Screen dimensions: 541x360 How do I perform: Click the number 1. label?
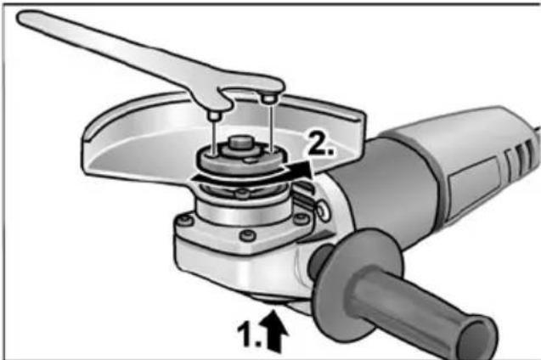tap(250, 334)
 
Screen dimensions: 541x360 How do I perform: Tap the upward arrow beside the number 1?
tap(275, 331)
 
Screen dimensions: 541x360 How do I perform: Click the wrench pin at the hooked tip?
tap(268, 99)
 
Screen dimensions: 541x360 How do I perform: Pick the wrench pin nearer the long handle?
tap(214, 115)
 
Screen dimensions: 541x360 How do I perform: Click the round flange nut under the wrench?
tap(241, 160)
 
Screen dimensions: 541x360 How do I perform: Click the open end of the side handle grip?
tap(477, 335)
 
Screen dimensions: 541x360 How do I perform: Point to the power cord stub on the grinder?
tap(538, 132)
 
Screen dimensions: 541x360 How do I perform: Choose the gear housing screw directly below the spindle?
tap(248, 236)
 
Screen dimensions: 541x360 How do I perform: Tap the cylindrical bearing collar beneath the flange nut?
tap(241, 211)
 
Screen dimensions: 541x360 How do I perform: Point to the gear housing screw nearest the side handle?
tap(301, 218)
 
